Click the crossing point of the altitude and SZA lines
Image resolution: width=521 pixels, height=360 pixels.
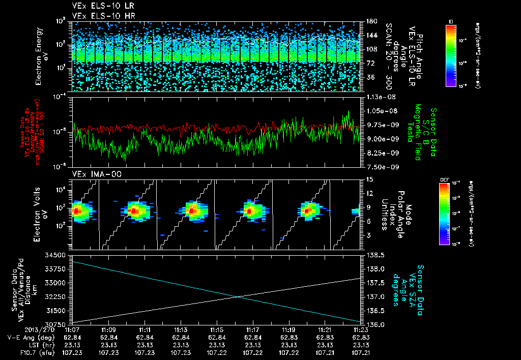pos(237,297)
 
